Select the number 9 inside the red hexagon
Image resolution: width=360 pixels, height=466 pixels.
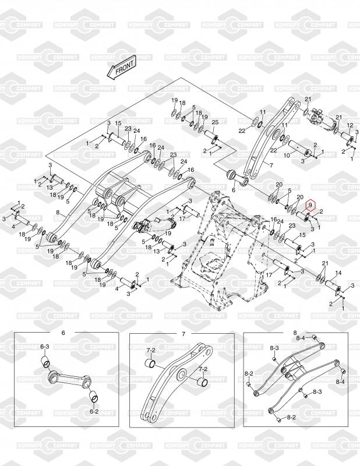pyautogui.click(x=310, y=205)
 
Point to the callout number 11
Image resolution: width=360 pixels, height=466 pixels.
pyautogui.click(x=263, y=112)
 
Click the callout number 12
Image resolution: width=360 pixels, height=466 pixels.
pyautogui.click(x=350, y=126)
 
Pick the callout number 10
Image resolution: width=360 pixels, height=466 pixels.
pyautogui.click(x=286, y=156)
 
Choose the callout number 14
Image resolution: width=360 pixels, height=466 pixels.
pyautogui.click(x=338, y=273)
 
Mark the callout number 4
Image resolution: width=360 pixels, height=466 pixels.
pyautogui.click(x=15, y=227)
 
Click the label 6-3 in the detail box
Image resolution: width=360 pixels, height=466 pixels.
pyautogui.click(x=45, y=347)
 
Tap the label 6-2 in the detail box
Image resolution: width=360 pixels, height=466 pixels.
pyautogui.click(x=94, y=411)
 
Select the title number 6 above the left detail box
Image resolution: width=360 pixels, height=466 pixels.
pyautogui.click(x=63, y=333)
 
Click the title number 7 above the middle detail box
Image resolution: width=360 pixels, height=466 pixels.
pyautogui.click(x=183, y=333)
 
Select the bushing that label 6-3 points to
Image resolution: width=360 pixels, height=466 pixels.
pyautogui.click(x=44, y=365)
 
